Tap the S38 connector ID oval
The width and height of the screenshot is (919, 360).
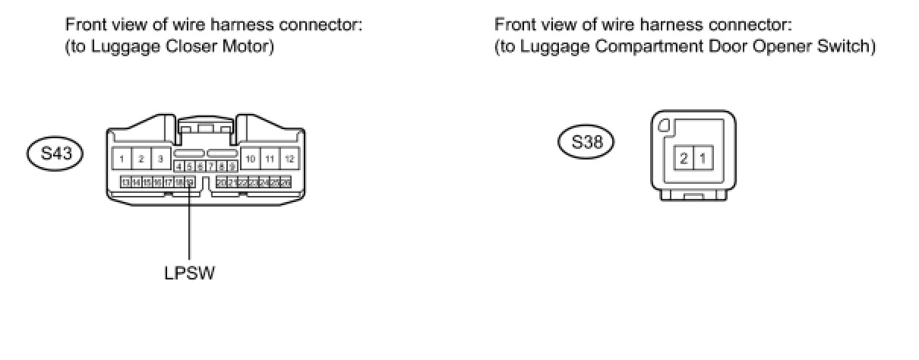click(586, 142)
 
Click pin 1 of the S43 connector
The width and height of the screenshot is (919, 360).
click(122, 159)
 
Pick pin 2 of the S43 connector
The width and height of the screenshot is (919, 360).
click(141, 159)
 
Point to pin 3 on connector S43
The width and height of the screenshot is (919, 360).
click(160, 159)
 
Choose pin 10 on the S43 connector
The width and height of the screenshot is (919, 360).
click(251, 159)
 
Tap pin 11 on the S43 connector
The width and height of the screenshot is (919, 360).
click(270, 159)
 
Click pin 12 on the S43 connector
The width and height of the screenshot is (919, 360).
click(289, 159)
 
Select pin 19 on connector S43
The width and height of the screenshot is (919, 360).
click(190, 182)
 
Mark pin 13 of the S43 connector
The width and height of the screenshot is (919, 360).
click(126, 182)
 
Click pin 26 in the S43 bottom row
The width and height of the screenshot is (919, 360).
click(286, 182)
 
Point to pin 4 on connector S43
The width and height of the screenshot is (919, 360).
click(178, 166)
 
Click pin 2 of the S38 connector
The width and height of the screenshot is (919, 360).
click(684, 159)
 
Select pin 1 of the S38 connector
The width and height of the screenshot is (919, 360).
click(703, 159)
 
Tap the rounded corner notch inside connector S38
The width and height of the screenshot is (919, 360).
click(664, 127)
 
